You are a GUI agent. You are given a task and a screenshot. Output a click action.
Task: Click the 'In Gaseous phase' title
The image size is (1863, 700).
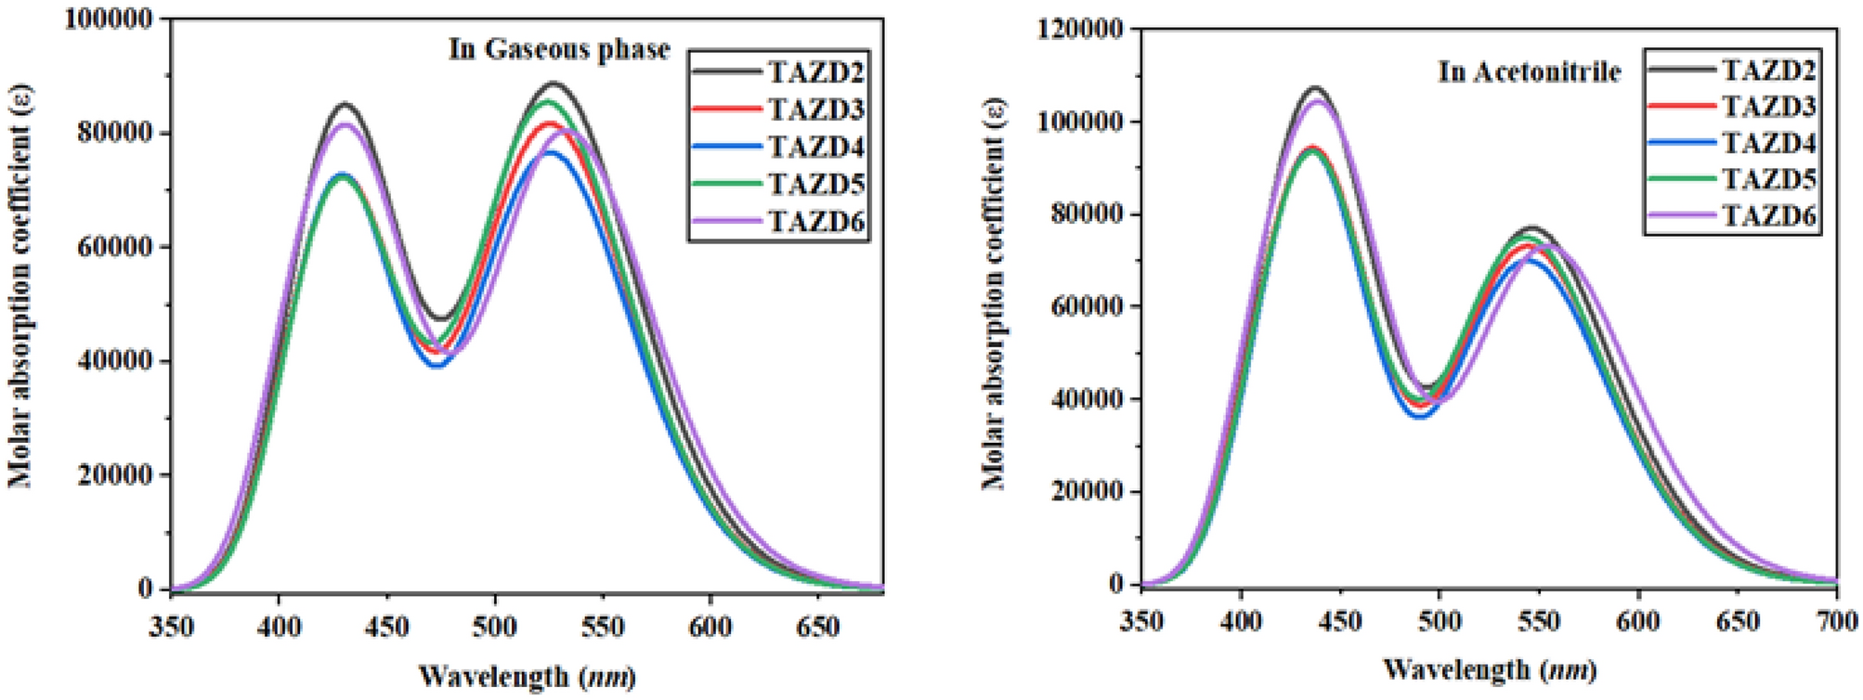(559, 49)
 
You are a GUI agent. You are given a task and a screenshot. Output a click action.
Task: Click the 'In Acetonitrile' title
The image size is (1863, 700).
(1529, 71)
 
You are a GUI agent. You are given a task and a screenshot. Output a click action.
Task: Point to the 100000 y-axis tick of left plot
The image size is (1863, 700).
(109, 19)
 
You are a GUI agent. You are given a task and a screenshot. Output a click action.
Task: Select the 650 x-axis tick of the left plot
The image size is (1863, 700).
(817, 627)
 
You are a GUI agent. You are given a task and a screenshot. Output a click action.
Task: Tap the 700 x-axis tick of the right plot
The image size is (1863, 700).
(1835, 621)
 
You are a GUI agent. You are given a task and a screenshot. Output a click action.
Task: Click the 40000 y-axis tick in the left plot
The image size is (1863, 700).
(115, 361)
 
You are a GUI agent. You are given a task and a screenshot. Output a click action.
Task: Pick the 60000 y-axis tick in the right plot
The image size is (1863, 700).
(1085, 307)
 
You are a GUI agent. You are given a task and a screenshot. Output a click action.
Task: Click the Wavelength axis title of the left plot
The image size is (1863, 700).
(527, 676)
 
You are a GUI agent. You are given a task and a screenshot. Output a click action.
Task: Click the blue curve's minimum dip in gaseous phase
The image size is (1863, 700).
(437, 365)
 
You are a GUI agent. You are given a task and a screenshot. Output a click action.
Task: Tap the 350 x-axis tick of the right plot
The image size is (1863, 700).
(1140, 621)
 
